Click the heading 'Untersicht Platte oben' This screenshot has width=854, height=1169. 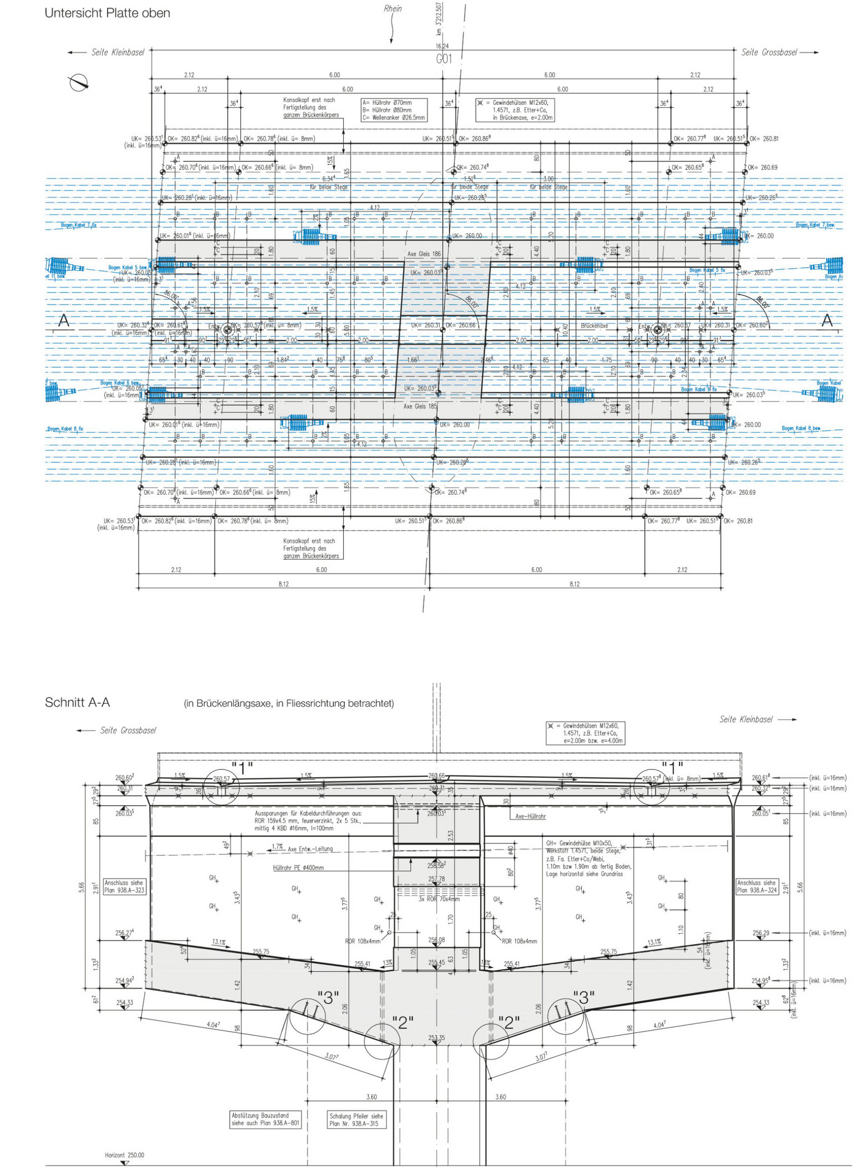pyautogui.click(x=107, y=13)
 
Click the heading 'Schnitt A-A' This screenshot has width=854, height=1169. pyautogui.click(x=77, y=702)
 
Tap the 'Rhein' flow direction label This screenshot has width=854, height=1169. pyautogui.click(x=392, y=9)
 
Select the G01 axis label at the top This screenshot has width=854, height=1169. pyautogui.click(x=444, y=59)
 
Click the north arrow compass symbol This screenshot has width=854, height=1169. pyautogui.click(x=79, y=83)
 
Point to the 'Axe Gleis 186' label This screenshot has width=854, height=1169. pyautogui.click(x=424, y=254)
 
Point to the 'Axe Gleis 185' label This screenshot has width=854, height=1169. pyautogui.click(x=420, y=407)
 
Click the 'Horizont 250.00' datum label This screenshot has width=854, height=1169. pyautogui.click(x=125, y=1155)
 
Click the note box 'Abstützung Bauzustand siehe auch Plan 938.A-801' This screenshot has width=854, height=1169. pyautogui.click(x=265, y=1119)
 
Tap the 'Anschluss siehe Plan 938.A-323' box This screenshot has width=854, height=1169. pyautogui.click(x=124, y=886)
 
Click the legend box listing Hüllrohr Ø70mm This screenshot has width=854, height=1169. pyautogui.click(x=393, y=110)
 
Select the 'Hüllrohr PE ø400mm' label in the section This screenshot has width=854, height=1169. pyautogui.click(x=298, y=867)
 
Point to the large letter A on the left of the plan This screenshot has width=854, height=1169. pyautogui.click(x=64, y=321)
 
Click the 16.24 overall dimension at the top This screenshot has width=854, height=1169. pyautogui.click(x=442, y=46)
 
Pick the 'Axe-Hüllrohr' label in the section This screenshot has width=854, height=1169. pyautogui.click(x=531, y=816)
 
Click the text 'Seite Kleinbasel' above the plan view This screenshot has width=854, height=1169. pyautogui.click(x=117, y=52)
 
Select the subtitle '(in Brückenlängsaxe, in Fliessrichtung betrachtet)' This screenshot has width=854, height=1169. pyautogui.click(x=289, y=703)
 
